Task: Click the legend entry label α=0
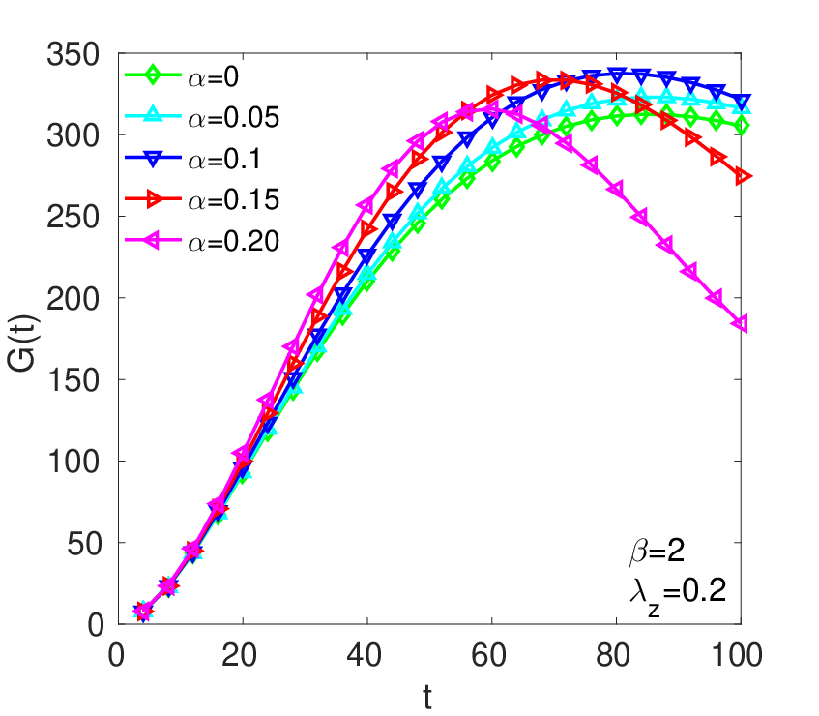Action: point(213,77)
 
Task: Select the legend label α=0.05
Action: point(233,118)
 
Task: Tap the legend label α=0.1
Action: point(224,160)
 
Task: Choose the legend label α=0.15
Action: point(233,200)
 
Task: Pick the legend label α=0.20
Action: point(233,242)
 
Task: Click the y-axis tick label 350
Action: point(73,54)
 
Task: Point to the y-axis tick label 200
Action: point(73,299)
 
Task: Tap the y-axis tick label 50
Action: point(83,544)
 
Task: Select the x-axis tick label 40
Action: point(365,654)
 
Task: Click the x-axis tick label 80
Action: point(613,654)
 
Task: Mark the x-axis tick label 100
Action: point(737,654)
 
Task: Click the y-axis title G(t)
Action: point(22,343)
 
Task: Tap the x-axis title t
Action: point(427,698)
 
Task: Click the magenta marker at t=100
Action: point(740,323)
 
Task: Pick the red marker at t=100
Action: point(743,177)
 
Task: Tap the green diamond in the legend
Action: point(153,75)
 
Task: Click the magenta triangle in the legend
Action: point(152,241)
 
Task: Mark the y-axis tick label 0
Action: point(96,625)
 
